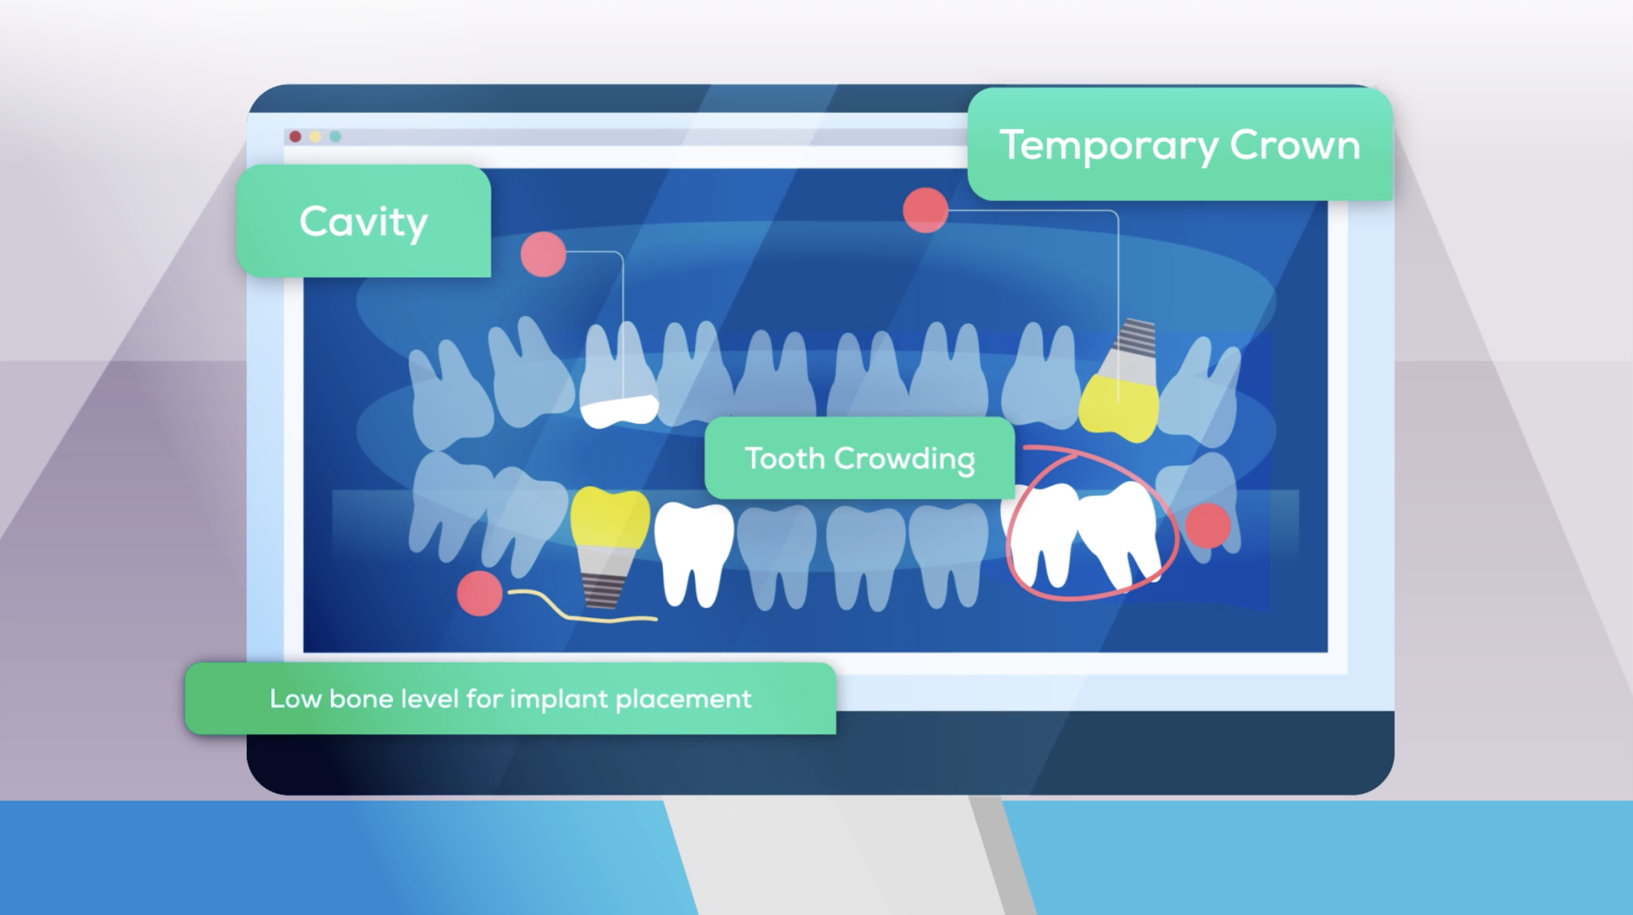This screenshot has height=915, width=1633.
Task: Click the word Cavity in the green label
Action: (x=363, y=222)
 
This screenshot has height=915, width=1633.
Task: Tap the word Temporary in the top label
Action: (x=1108, y=145)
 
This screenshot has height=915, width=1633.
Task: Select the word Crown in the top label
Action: (x=1295, y=145)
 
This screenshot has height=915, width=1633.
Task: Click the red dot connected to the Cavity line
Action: (x=543, y=254)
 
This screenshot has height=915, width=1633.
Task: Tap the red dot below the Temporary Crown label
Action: (x=925, y=210)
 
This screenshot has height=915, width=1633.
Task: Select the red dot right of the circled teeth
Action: (x=1207, y=526)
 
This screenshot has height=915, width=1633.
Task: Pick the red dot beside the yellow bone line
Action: (x=479, y=593)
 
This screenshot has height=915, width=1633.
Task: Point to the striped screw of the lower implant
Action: (x=600, y=588)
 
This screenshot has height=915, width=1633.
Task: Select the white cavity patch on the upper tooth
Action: (x=619, y=411)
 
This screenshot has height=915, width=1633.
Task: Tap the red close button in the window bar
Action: (x=295, y=136)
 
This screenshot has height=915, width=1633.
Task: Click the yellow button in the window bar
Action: (x=315, y=136)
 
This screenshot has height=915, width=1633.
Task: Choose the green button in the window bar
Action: (x=335, y=136)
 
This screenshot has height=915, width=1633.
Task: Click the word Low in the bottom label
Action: (x=295, y=699)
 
